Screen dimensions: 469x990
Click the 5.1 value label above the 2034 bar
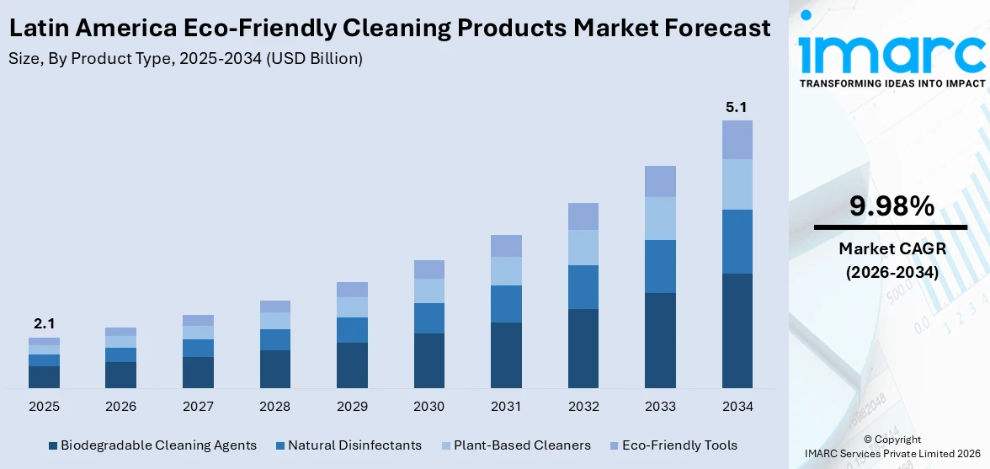pyautogui.click(x=737, y=108)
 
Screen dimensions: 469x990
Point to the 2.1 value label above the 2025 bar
pyautogui.click(x=44, y=324)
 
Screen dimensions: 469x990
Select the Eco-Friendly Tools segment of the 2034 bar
pyautogui.click(x=737, y=140)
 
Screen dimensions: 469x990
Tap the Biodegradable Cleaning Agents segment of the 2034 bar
pyautogui.click(x=737, y=330)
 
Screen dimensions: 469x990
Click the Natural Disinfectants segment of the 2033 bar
pyautogui.click(x=660, y=266)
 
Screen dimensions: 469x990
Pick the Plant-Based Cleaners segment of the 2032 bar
pyautogui.click(x=583, y=248)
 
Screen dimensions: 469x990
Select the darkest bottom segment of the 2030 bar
pyautogui.click(x=428, y=360)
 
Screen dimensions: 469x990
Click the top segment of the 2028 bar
pyautogui.click(x=275, y=306)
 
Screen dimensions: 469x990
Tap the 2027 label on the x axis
pyautogui.click(x=198, y=407)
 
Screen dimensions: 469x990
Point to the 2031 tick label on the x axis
pyautogui.click(x=506, y=407)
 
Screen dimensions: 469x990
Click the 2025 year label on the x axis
pyautogui.click(x=44, y=407)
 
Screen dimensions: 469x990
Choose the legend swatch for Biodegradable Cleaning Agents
pyautogui.click(x=53, y=445)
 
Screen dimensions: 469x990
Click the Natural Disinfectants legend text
pyautogui.click(x=354, y=445)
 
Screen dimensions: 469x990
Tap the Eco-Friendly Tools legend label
pyautogui.click(x=680, y=445)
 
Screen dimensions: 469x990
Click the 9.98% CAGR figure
pyautogui.click(x=892, y=206)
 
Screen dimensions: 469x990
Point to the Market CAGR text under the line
pyautogui.click(x=892, y=248)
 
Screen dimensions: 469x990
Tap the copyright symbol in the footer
pyautogui.click(x=867, y=440)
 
